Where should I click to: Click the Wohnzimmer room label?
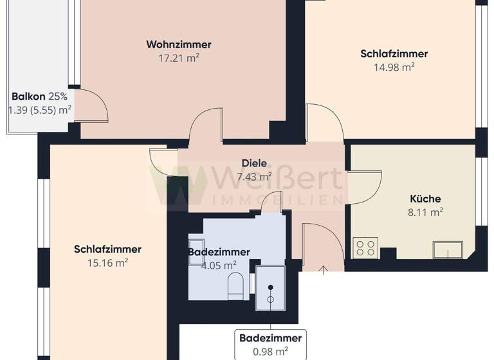[x=179, y=45]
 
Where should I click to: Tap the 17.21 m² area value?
[x=179, y=58]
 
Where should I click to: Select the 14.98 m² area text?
[x=394, y=67]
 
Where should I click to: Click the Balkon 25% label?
[x=39, y=97]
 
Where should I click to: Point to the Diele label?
[x=255, y=163]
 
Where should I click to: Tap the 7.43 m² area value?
[x=255, y=176]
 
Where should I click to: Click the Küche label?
[x=425, y=199]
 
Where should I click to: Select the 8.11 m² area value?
[x=425, y=211]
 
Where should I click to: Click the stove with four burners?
[x=365, y=248]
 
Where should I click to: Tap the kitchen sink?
[x=448, y=249]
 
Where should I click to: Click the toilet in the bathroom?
[x=236, y=285]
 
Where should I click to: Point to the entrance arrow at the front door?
[x=322, y=267]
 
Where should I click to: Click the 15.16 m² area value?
[x=107, y=262]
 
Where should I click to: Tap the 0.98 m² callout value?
[x=270, y=350]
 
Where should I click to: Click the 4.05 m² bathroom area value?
[x=219, y=265]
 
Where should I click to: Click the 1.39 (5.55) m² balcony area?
[x=39, y=110]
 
